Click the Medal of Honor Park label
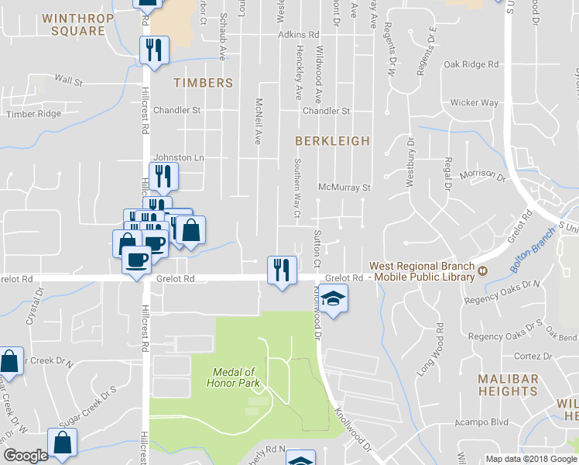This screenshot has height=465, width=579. [233, 377]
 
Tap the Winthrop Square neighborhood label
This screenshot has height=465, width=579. [74, 25]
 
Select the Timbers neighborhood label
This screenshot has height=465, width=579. [203, 83]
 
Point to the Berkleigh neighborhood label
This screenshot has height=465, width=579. [332, 141]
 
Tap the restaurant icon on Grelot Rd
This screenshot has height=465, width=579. [280, 270]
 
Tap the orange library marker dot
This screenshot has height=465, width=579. [483, 270]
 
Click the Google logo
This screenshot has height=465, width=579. [26, 456]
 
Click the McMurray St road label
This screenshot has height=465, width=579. [345, 188]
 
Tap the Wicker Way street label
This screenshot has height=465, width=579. [475, 102]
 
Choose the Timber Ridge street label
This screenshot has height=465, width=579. [33, 114]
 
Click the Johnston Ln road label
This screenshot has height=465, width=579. [178, 157]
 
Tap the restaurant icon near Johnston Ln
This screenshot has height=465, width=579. [163, 177]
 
